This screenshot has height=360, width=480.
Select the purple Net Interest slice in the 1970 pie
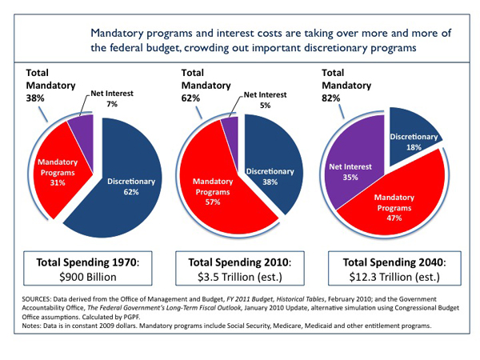(80, 128)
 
